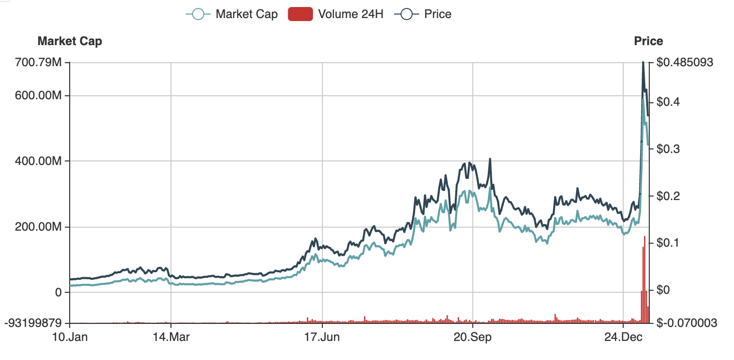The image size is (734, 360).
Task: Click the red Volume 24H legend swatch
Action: coord(300,14)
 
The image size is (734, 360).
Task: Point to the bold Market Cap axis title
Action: coord(70,41)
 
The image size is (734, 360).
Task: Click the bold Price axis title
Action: coord(648,41)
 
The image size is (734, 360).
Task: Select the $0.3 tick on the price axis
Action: coord(668,149)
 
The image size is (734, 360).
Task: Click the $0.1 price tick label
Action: coord(668,243)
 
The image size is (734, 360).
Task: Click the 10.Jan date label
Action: coord(70,336)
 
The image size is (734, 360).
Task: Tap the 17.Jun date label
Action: coord(322,336)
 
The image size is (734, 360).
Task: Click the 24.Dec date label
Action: coord(623,336)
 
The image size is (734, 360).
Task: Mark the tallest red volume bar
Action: coord(645,281)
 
